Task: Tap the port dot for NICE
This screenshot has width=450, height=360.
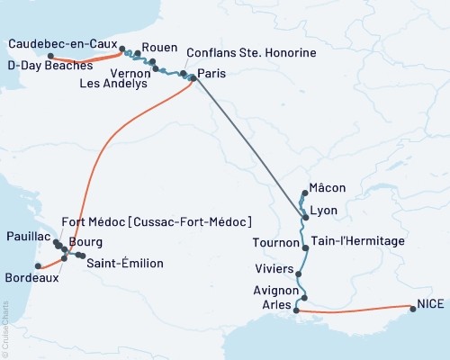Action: click(x=413, y=309)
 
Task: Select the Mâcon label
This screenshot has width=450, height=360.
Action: click(x=327, y=188)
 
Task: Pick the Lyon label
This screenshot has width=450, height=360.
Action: click(x=323, y=211)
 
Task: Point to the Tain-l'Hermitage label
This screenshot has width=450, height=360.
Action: click(x=357, y=242)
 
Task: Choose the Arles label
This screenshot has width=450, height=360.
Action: click(x=277, y=306)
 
